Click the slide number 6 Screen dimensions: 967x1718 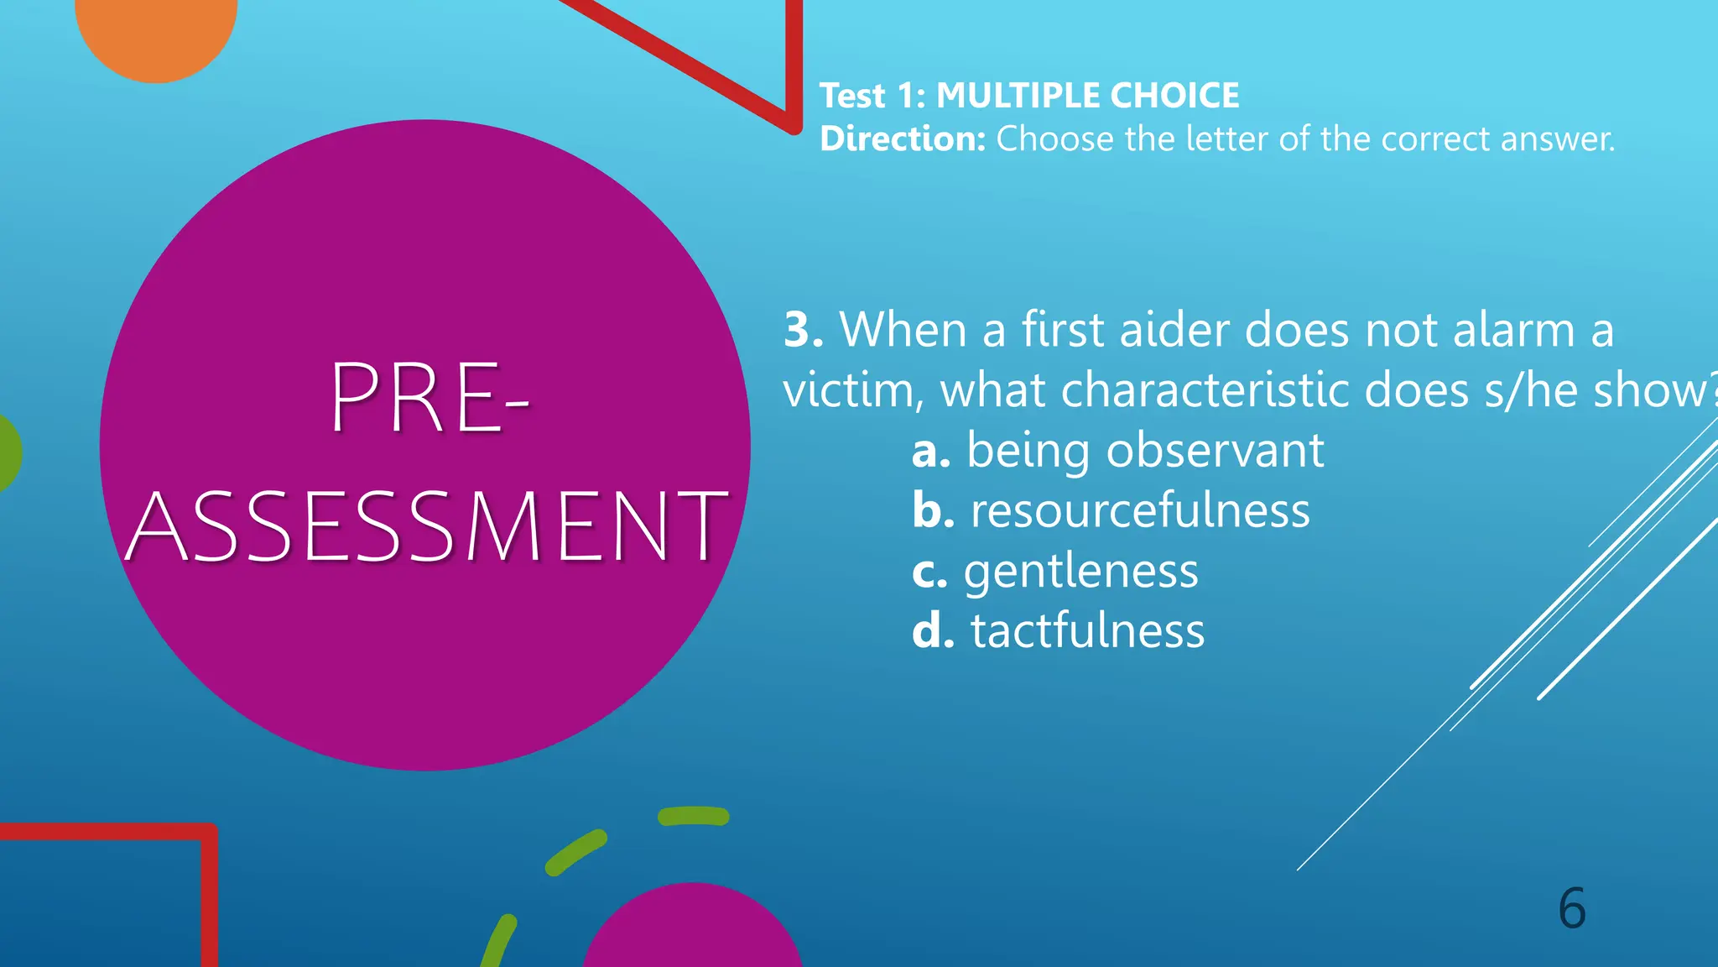(1572, 908)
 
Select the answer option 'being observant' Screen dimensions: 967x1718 (1145, 451)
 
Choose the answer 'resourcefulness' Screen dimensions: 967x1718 (1140, 511)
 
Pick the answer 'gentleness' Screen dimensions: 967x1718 (1080, 572)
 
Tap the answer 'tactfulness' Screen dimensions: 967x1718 (1087, 631)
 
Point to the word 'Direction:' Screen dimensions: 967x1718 (903, 139)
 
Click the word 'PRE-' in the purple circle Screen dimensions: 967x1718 (430, 397)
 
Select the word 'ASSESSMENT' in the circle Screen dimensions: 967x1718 (426, 527)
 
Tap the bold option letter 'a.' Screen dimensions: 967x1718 (931, 452)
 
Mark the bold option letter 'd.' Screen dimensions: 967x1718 (933, 631)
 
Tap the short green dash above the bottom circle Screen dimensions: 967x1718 (693, 816)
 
